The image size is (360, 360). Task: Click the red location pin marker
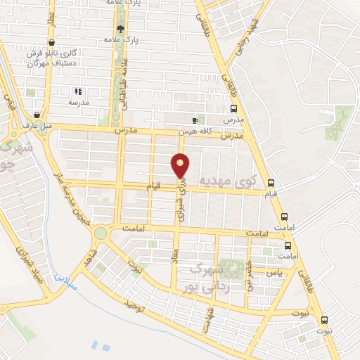coord(181,165)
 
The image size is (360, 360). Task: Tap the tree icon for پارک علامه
coord(121,29)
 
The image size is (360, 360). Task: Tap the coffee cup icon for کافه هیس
coord(195,120)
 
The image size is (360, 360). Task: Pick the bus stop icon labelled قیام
coord(271,183)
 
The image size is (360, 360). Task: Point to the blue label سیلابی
coord(69,276)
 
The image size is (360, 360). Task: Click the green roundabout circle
coord(101,232)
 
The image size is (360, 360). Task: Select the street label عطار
coord(51,29)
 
